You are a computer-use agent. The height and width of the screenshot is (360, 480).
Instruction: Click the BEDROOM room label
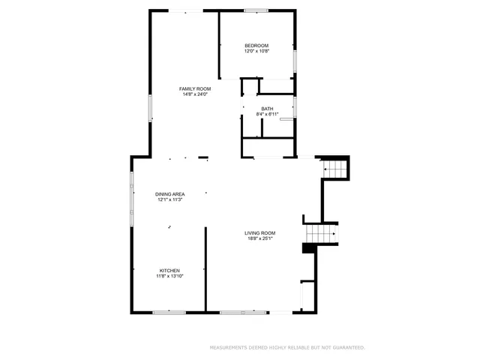[256, 46]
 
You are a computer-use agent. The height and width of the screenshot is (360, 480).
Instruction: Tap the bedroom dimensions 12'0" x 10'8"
[256, 52]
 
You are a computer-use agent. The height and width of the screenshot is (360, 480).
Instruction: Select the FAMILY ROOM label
[193, 89]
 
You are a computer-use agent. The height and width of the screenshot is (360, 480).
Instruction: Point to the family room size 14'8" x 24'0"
[193, 95]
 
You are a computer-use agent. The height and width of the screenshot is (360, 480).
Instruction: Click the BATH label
[267, 109]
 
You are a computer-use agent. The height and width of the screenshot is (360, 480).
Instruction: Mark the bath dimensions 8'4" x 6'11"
[267, 115]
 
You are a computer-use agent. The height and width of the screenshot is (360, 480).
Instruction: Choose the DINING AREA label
[171, 194]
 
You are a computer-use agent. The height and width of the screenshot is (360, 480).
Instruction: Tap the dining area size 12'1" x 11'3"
[171, 200]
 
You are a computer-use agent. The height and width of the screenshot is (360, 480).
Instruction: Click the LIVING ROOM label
[259, 233]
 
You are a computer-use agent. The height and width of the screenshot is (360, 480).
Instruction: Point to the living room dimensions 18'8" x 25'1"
[259, 239]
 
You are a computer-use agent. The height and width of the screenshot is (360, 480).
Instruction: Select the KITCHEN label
[169, 271]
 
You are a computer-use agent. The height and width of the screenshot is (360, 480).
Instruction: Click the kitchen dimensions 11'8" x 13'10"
[169, 277]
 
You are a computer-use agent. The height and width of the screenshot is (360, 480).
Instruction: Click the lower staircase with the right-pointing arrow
[321, 235]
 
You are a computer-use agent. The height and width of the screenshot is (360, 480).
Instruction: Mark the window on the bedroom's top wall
[256, 10]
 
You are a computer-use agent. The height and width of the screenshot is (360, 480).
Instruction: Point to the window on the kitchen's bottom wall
[169, 311]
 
